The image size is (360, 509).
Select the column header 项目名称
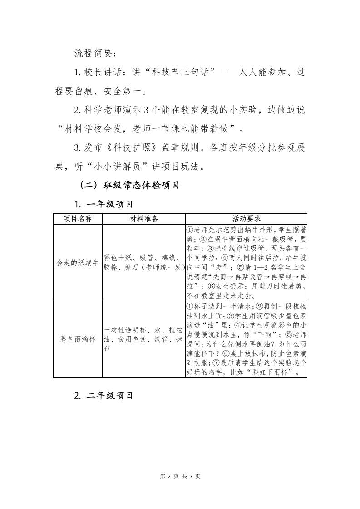pos(78,219)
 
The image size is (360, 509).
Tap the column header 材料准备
pos(143,219)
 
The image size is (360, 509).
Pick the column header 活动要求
pos(246,219)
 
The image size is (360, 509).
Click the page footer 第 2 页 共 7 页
pos(180,476)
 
